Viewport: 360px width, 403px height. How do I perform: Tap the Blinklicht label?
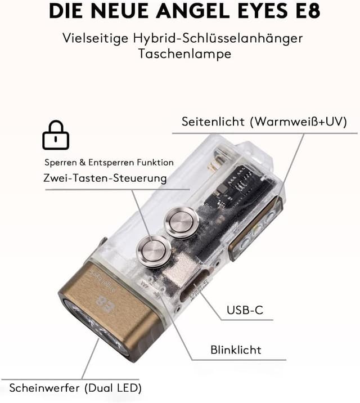point(236,350)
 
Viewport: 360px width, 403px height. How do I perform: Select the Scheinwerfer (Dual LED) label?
point(75,387)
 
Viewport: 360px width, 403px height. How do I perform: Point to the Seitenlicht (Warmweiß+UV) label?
point(264,122)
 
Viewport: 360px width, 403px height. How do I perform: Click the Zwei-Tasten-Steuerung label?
point(105,178)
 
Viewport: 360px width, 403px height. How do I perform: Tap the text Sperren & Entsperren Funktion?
point(109,162)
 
